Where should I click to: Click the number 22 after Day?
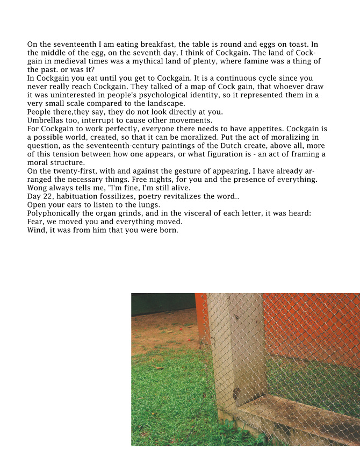tap(48, 196)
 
